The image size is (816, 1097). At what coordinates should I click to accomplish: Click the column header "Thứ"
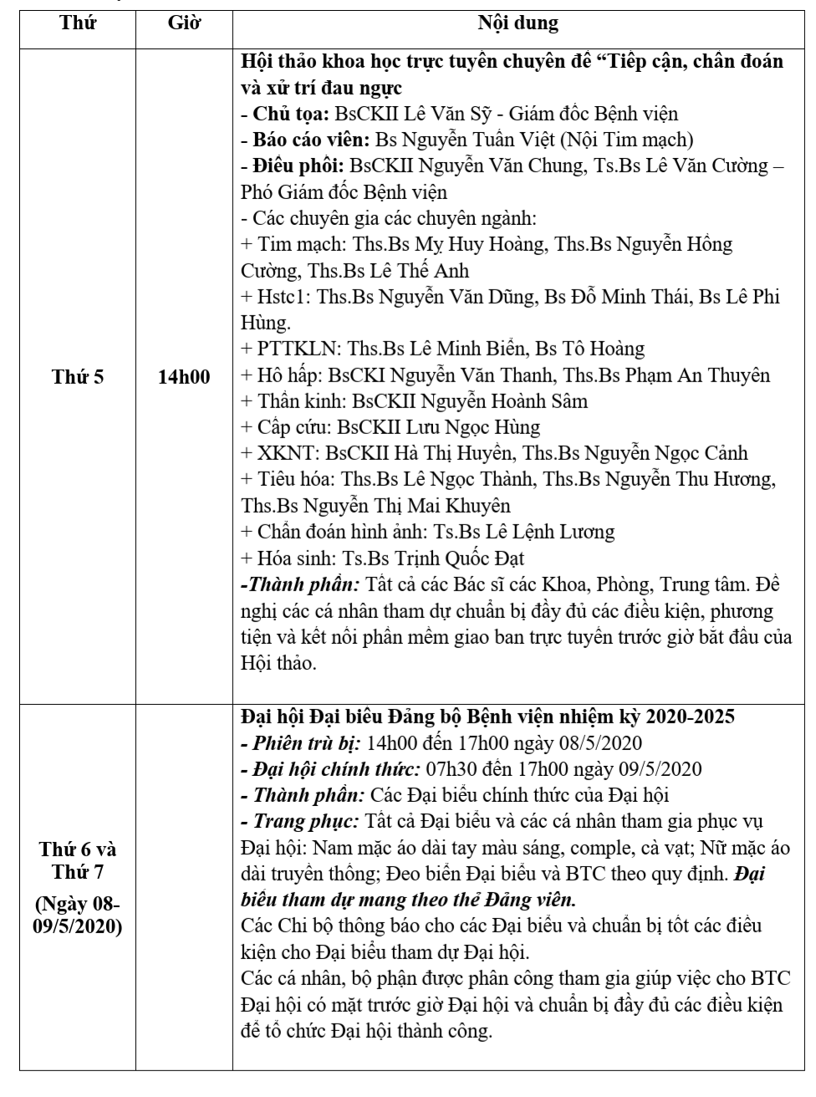(78, 23)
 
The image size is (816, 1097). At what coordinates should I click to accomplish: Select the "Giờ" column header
(184, 23)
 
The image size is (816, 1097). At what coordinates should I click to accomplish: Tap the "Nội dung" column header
(518, 23)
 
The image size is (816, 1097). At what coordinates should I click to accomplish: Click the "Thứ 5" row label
(78, 376)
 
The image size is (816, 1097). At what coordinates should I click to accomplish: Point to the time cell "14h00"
(184, 376)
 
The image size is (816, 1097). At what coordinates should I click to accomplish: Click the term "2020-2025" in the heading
(688, 717)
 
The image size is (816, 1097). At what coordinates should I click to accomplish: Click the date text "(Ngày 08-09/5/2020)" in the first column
(78, 916)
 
